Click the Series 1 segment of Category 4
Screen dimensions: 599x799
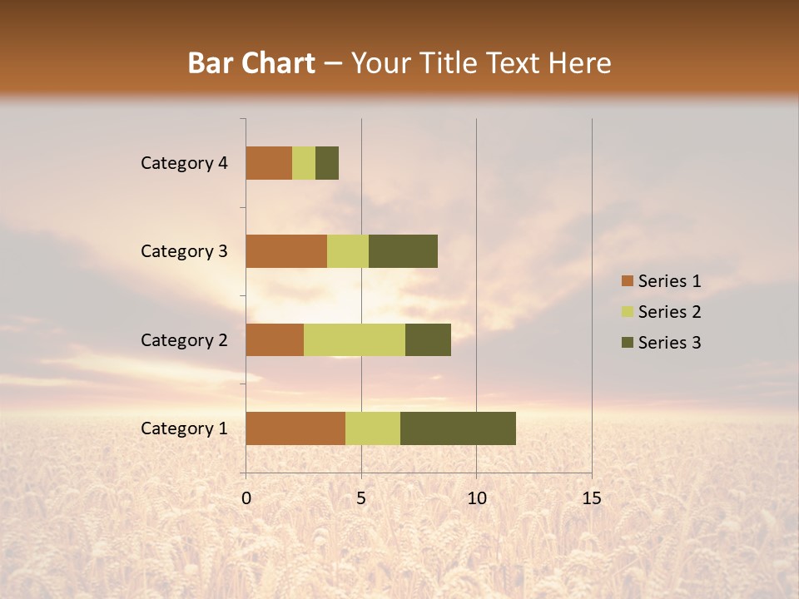269,163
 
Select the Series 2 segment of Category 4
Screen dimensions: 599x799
304,163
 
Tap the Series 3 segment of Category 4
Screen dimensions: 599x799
327,163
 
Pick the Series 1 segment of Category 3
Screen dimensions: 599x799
286,251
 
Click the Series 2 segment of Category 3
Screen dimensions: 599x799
348,251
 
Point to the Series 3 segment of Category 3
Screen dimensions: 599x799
403,251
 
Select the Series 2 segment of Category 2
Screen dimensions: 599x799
355,339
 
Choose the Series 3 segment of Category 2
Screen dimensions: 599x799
428,339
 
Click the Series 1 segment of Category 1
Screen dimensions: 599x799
295,428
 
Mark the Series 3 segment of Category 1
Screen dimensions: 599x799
458,428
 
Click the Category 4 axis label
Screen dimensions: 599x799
184,163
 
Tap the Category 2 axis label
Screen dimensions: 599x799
184,340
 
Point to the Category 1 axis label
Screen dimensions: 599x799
184,428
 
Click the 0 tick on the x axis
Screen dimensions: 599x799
246,498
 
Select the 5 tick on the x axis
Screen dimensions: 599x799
361,498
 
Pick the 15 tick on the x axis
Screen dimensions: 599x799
591,498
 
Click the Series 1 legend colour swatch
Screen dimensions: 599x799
627,281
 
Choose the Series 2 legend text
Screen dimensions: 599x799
669,312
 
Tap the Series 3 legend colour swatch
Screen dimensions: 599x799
627,343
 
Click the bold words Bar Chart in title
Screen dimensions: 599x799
251,63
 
